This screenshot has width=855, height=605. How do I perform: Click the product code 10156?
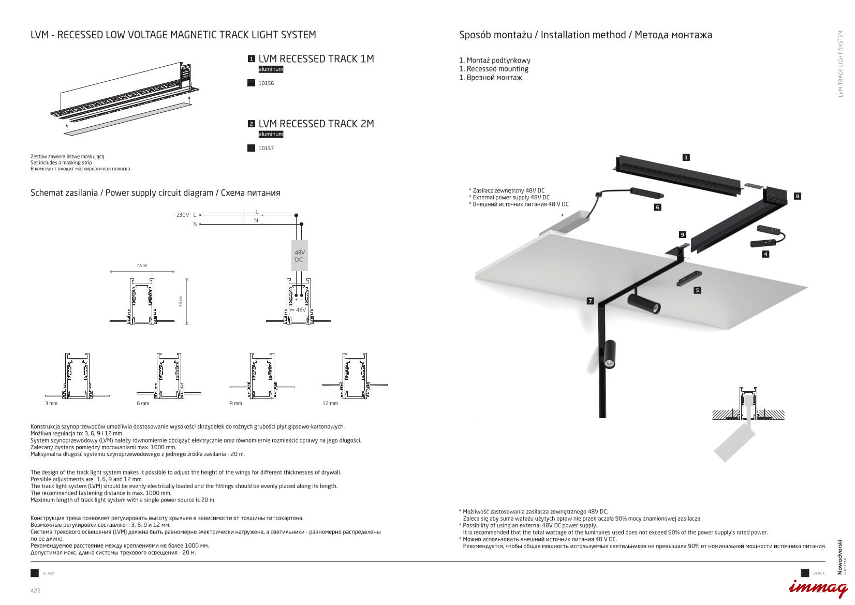tap(266, 83)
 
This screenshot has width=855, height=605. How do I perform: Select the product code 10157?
tap(266, 149)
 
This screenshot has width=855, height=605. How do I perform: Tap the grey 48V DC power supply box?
tap(299, 256)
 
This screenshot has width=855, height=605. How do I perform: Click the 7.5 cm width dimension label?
tap(142, 265)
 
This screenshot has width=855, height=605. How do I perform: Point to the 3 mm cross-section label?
tap(51, 403)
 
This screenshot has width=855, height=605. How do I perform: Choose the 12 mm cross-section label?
tap(330, 403)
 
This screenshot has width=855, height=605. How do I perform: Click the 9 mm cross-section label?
tap(235, 403)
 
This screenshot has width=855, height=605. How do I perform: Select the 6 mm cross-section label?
tap(143, 403)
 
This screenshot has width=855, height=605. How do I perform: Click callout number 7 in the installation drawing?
tap(590, 301)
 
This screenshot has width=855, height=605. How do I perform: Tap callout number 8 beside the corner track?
tap(797, 196)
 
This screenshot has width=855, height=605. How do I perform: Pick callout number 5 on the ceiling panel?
tap(697, 290)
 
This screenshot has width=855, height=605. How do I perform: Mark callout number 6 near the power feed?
tap(657, 207)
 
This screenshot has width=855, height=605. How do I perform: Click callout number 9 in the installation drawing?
tap(682, 234)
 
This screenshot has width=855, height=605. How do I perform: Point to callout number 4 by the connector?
tap(765, 254)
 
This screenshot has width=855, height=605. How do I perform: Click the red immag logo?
tap(818, 587)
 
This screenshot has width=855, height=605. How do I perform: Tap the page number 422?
tap(35, 591)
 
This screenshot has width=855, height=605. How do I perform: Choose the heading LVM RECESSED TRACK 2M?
tap(316, 124)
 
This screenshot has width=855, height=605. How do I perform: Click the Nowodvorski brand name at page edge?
tap(839, 557)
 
